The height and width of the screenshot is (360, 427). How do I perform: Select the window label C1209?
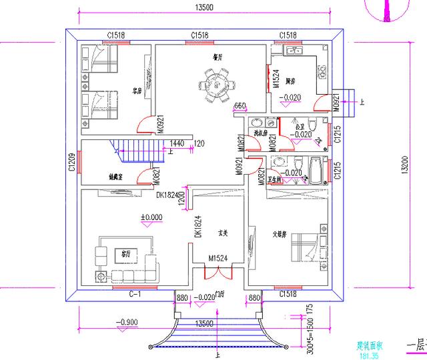(71, 162)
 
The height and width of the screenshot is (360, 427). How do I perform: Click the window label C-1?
(133, 293)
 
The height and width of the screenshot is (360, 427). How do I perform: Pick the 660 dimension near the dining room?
(240, 106)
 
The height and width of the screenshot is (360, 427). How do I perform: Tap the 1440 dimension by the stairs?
(177, 143)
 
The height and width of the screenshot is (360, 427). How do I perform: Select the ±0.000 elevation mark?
(151, 217)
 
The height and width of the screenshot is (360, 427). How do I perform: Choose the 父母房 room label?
(280, 234)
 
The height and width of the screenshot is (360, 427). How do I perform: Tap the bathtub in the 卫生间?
(315, 171)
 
